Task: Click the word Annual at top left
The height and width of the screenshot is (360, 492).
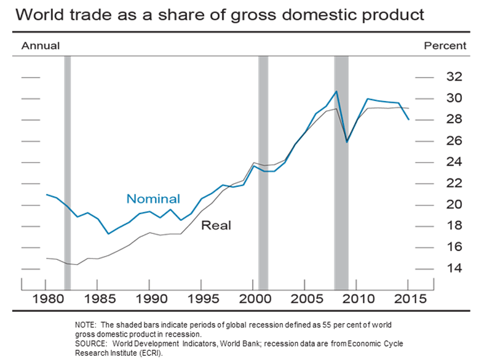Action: [41, 46]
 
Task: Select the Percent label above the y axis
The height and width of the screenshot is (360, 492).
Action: [445, 46]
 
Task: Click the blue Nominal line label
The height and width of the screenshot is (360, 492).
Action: [153, 199]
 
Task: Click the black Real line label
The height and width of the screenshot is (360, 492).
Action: [216, 225]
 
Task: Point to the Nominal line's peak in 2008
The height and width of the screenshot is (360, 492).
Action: [336, 92]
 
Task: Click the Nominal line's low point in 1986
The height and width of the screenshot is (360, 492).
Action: [108, 233]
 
